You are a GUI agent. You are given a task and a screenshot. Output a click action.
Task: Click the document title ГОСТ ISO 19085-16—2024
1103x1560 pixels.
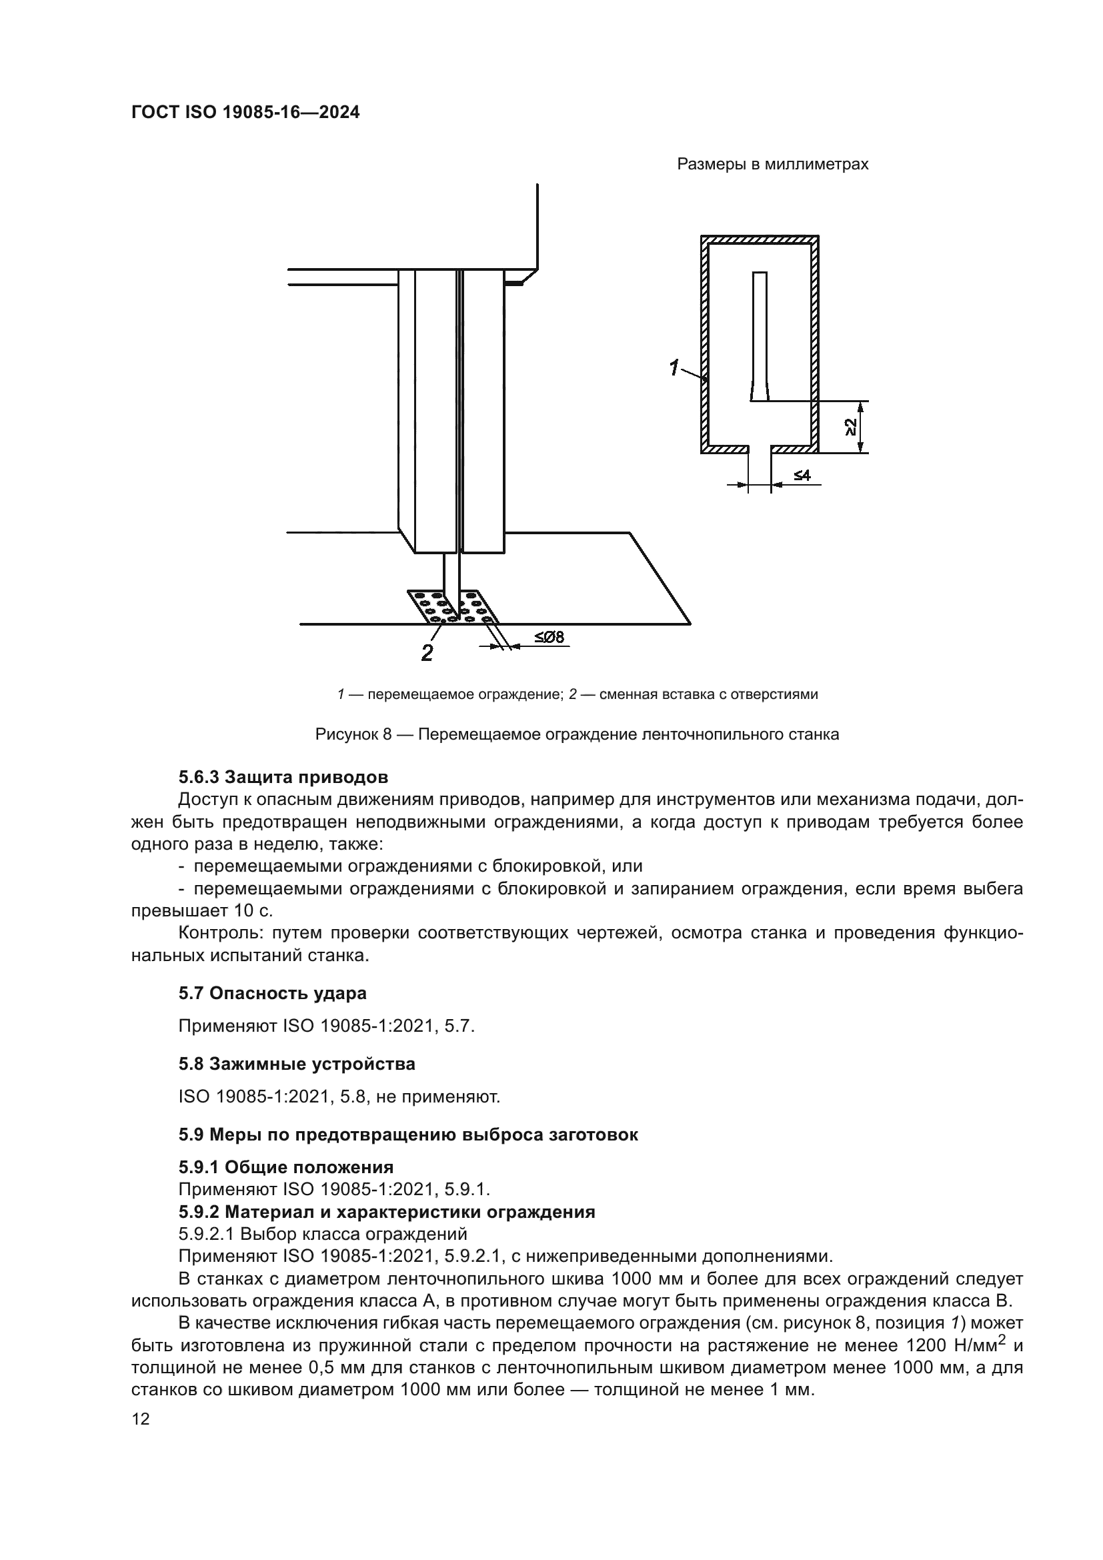click(245, 113)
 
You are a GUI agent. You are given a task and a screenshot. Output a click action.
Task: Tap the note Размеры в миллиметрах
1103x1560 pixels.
click(772, 165)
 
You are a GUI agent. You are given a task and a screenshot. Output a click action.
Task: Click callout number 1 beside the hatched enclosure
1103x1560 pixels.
click(674, 368)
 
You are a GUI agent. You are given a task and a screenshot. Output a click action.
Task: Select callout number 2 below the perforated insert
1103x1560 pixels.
click(427, 653)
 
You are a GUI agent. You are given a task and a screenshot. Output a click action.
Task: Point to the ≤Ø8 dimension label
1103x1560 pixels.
click(549, 638)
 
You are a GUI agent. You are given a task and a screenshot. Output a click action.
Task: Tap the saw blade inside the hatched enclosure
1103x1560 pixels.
click(760, 336)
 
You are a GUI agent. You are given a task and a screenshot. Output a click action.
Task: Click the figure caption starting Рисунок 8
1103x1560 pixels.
click(577, 734)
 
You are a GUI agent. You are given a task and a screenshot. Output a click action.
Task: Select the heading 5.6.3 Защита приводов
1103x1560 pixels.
click(283, 776)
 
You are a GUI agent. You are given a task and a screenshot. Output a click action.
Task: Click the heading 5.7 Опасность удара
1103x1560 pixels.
click(272, 993)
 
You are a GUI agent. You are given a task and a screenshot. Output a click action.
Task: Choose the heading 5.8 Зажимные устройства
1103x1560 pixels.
click(297, 1064)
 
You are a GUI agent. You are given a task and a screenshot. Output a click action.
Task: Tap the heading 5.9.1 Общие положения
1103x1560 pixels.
click(286, 1167)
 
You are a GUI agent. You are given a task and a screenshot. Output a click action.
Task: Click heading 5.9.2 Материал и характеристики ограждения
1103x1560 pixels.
click(387, 1212)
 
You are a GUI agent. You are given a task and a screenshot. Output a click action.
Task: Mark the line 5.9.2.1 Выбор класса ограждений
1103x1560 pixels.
click(323, 1233)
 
